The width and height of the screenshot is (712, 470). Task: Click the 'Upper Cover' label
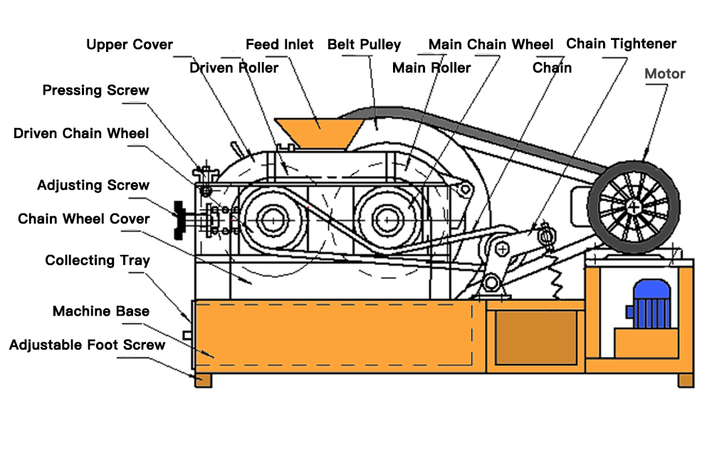tap(130, 45)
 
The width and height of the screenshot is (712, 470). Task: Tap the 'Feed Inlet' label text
tap(279, 45)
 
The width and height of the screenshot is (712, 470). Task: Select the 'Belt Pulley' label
tap(364, 45)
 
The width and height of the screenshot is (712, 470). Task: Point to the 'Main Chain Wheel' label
tap(491, 45)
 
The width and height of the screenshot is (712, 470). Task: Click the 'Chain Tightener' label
tap(621, 44)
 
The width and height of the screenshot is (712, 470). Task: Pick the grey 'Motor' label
tap(664, 73)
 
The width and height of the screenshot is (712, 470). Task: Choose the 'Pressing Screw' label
tap(96, 90)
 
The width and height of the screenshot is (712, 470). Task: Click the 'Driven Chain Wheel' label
tap(81, 133)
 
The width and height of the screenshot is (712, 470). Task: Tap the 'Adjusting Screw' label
tap(93, 186)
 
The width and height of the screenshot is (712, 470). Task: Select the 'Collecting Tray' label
tap(98, 261)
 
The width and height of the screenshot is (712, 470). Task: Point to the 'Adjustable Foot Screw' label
tap(87, 345)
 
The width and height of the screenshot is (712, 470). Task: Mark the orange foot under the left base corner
tap(203, 380)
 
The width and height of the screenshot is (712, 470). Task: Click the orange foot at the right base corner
tap(686, 380)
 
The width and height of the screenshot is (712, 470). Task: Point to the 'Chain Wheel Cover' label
tap(84, 219)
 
